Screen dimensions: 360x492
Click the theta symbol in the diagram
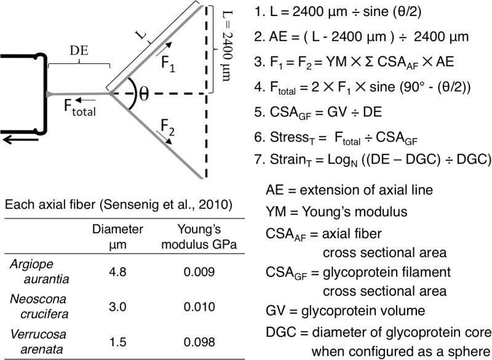point(145,94)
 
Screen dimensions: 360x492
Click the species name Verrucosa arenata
point(33,340)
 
